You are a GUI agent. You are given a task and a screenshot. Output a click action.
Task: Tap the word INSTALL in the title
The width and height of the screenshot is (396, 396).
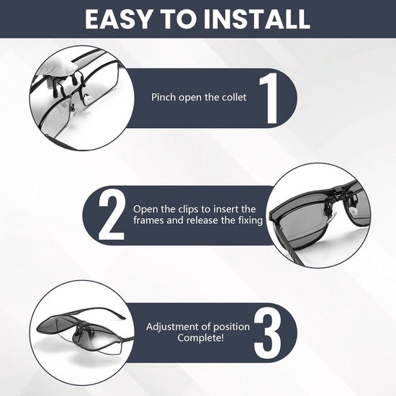(x=257, y=19)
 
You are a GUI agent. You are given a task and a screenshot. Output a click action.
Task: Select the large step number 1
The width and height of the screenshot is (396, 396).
(x=269, y=98)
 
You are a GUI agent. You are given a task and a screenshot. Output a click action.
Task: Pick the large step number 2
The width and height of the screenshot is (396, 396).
(x=112, y=215)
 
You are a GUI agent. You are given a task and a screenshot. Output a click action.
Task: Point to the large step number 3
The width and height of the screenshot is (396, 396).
(x=267, y=333)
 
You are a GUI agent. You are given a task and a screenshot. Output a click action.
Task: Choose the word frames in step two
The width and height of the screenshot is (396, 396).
(x=148, y=220)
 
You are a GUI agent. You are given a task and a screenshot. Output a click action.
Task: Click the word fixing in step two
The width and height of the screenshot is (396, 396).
(x=251, y=220)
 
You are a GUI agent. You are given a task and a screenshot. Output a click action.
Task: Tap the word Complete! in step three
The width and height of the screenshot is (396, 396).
(x=201, y=338)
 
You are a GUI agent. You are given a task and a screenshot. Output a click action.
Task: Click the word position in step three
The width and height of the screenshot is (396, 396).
(x=231, y=327)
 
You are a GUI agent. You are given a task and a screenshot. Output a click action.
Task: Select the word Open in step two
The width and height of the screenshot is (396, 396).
(x=145, y=210)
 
